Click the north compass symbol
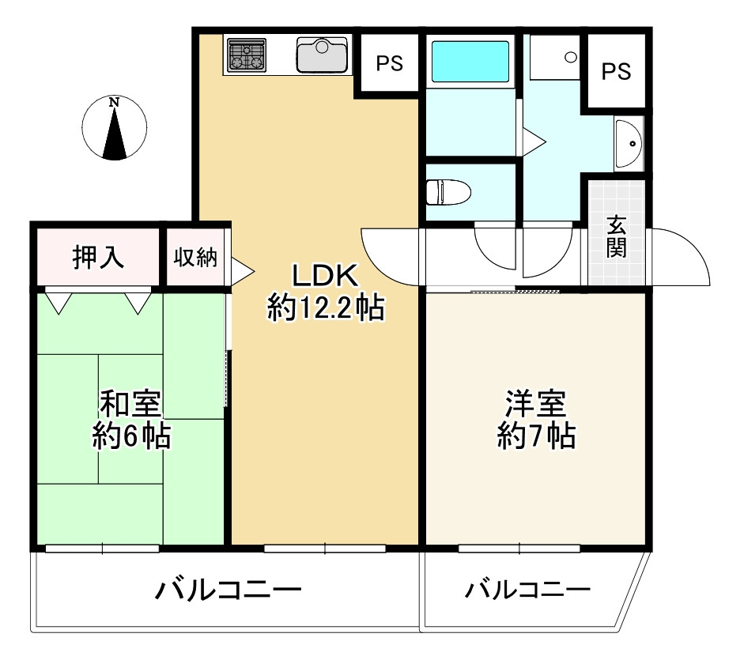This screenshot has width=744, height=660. coord(115,127)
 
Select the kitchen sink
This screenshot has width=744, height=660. coord(322,55)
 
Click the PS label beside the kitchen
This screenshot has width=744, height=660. coord(389,64)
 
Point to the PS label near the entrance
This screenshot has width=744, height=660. coord(617,72)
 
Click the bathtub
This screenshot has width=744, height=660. coord(470,59)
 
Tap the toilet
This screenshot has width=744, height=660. coord(448,191)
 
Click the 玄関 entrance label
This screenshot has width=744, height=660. coord(617,236)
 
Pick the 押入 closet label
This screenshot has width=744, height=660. coord(98,258)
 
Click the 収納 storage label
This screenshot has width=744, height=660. coord(195,258)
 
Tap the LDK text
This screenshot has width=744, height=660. coord(326,277)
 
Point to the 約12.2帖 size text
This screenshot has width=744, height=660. coord(326,307)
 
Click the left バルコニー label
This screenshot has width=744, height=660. coord(228,590)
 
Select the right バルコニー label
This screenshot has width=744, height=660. coord(527,590)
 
